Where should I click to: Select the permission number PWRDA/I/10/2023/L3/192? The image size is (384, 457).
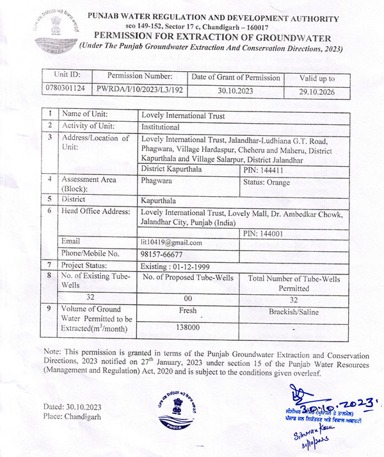[x=140, y=92]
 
